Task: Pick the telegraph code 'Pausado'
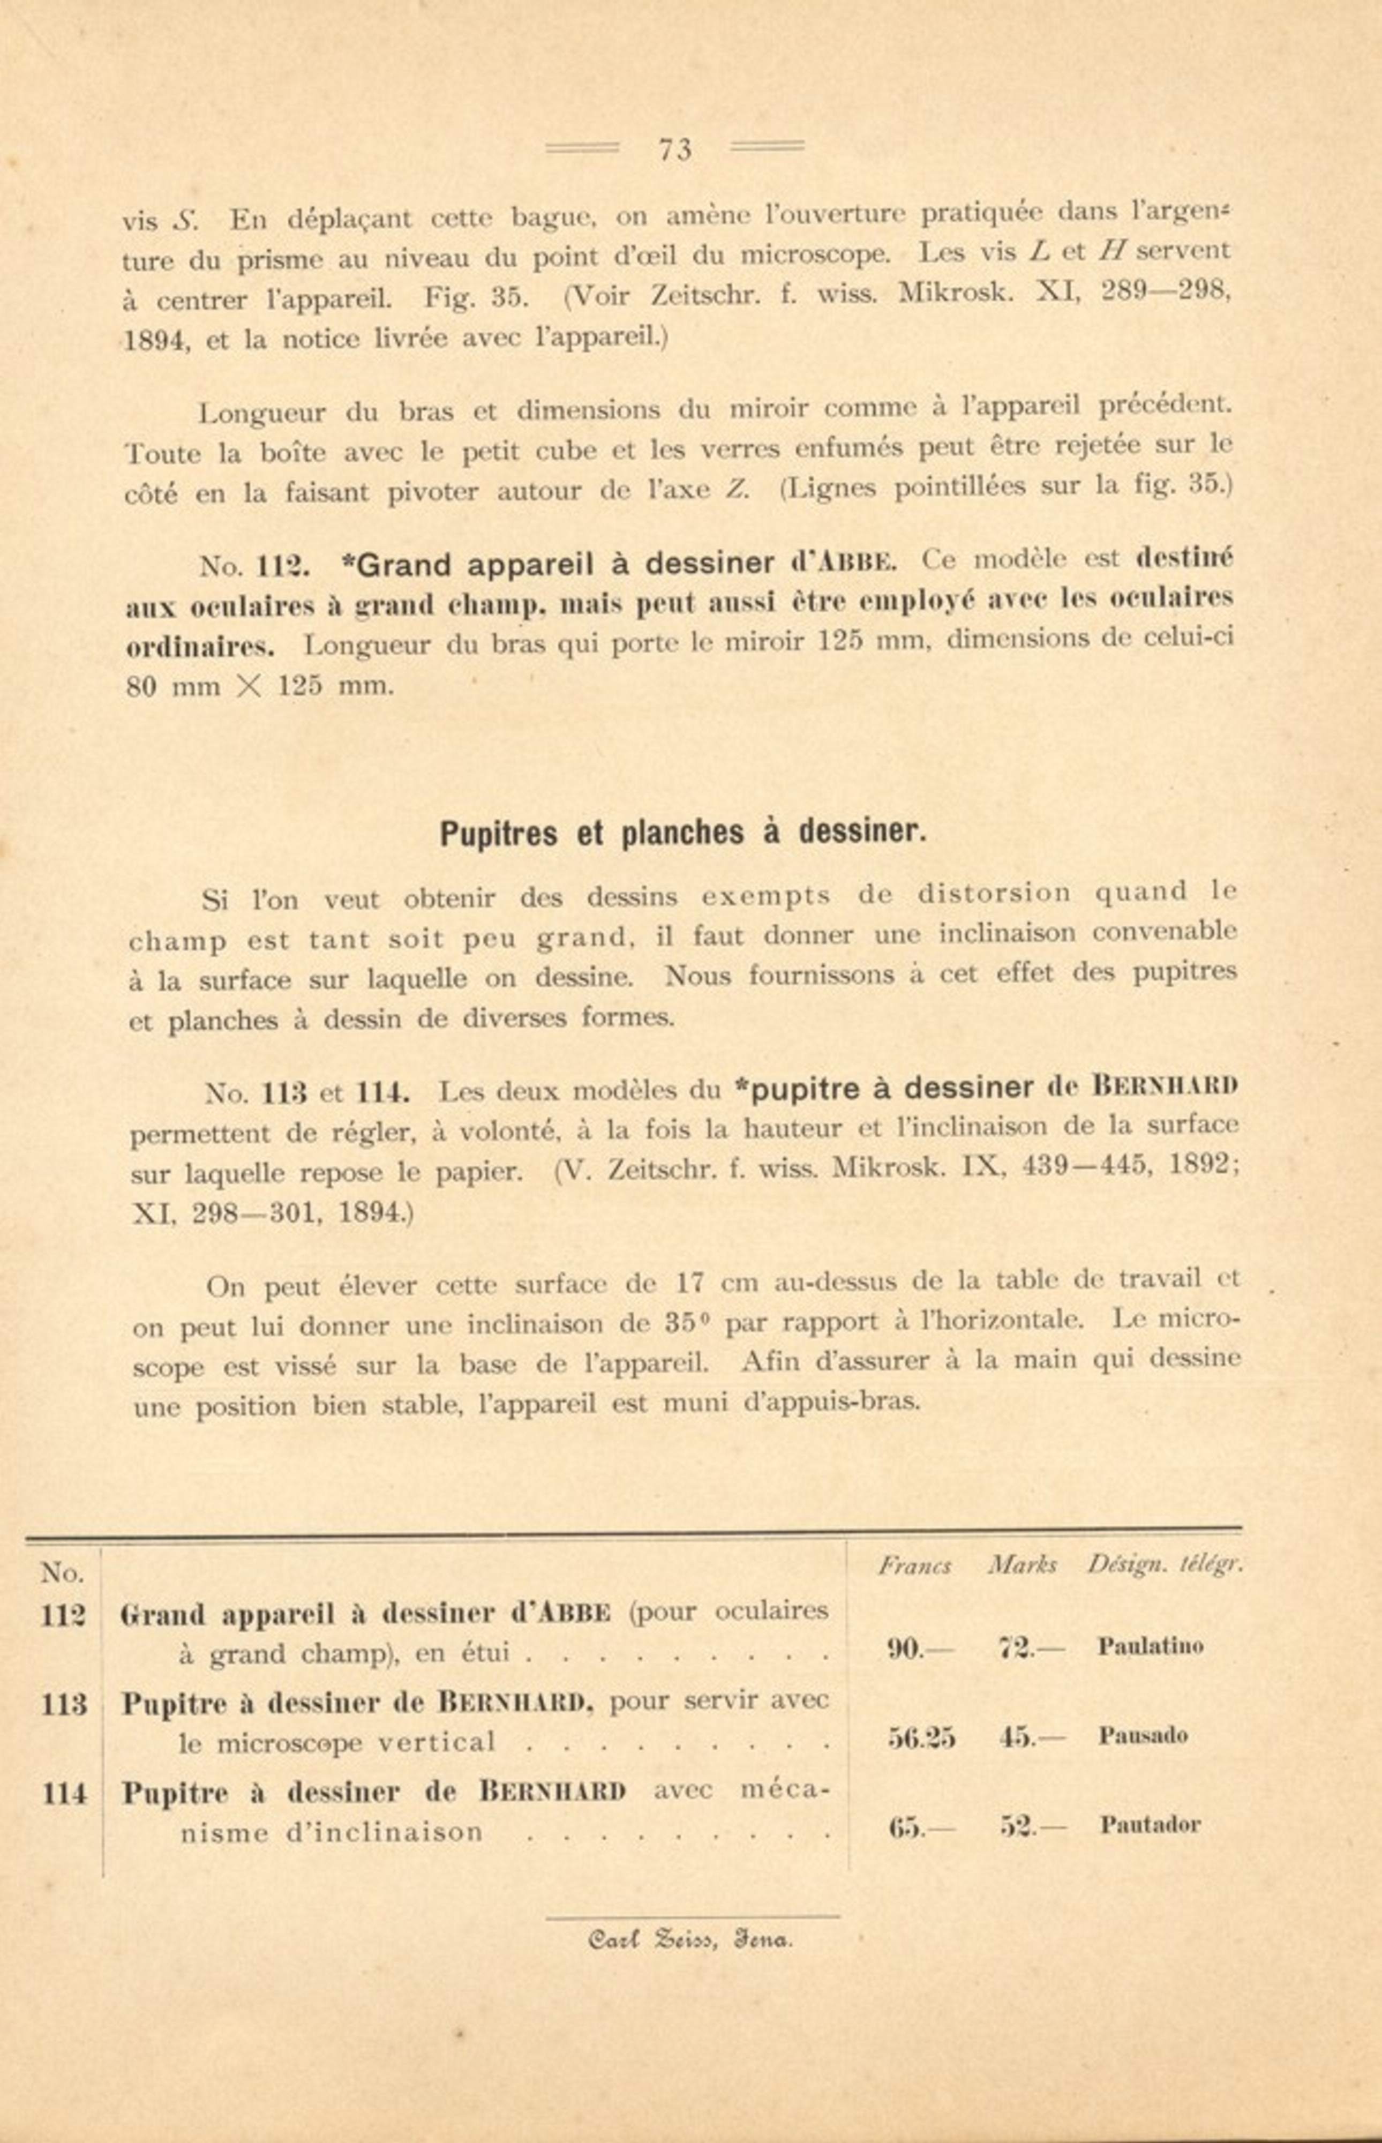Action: coord(1143,1736)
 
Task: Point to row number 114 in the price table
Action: coord(64,1794)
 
